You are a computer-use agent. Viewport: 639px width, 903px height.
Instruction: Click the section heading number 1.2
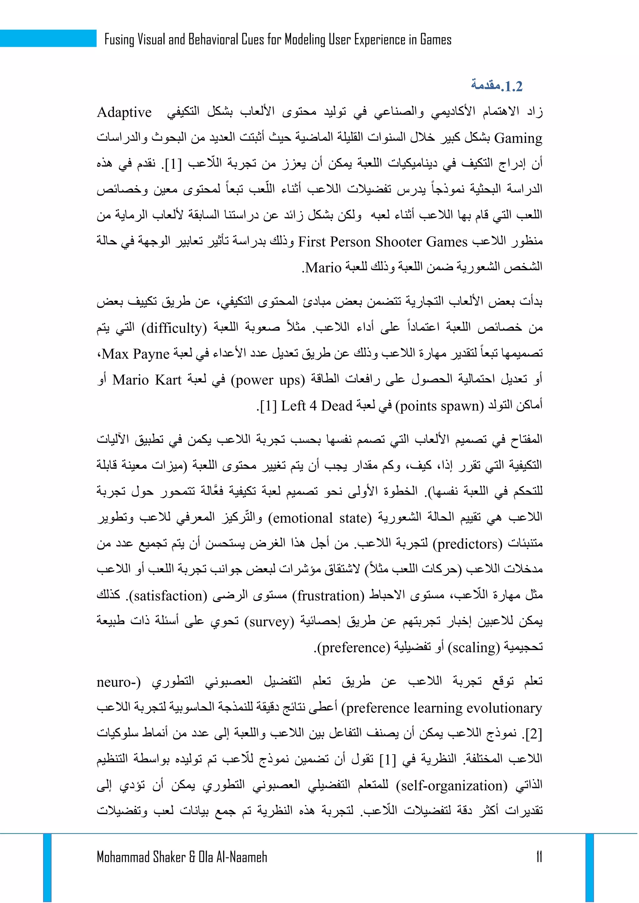coord(511,86)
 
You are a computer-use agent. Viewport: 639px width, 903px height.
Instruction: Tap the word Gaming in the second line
coord(518,138)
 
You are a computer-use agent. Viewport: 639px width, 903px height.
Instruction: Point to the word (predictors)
coord(467,544)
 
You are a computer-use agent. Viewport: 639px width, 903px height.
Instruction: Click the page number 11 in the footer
coord(539,857)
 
